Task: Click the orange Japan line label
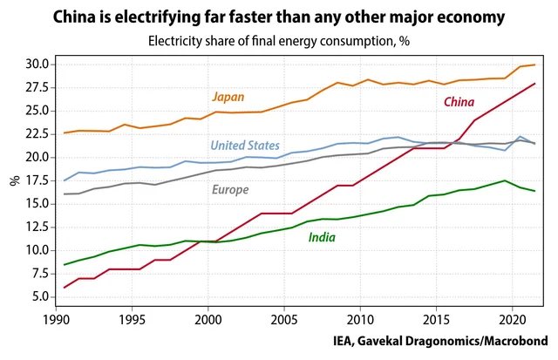228,97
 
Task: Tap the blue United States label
245,146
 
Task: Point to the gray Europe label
230,189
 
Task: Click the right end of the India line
534,191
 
